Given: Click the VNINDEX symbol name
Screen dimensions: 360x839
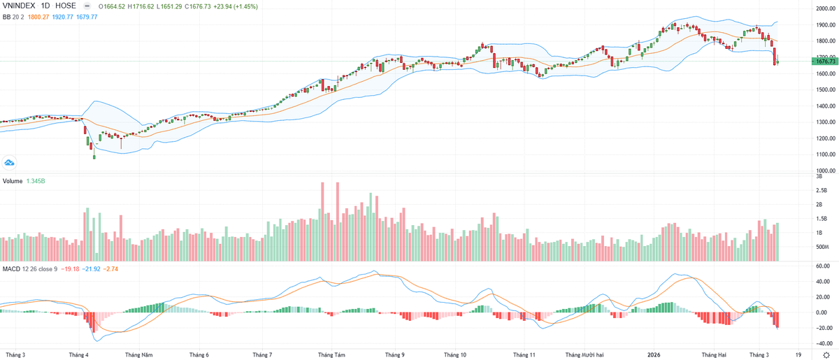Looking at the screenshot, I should [x=19, y=6].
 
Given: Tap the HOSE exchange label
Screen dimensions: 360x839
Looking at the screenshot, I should [x=66, y=6].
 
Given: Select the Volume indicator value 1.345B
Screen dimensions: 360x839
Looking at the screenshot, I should [x=36, y=180].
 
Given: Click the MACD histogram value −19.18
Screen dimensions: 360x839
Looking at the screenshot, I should [x=71, y=268].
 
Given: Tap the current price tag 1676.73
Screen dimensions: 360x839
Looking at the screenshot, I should [x=825, y=62].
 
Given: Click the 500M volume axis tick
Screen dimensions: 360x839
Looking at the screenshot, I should [x=822, y=247].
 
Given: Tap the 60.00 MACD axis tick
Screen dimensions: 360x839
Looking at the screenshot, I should [x=822, y=266].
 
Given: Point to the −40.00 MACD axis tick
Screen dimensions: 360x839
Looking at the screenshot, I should [x=822, y=343].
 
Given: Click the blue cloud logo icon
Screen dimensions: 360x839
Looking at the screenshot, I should [x=10, y=162].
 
